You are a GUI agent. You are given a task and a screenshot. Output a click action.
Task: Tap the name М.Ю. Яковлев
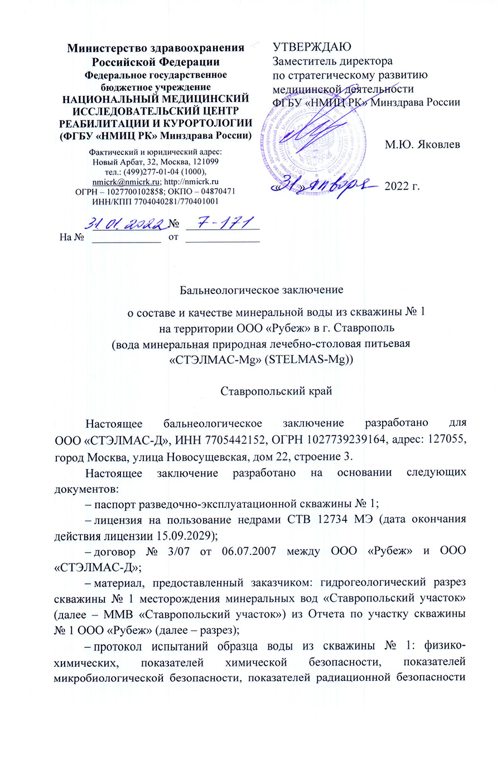(422, 144)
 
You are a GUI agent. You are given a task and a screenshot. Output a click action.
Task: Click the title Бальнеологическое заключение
(261, 290)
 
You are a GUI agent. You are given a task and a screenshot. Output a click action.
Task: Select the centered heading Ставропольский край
(276, 391)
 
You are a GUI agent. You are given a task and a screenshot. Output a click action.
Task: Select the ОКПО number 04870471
(215, 191)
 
